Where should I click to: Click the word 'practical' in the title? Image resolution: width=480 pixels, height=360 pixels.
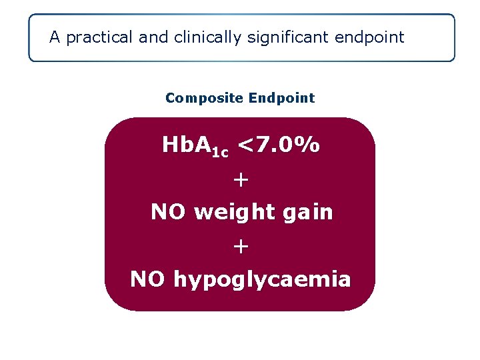tap(100, 37)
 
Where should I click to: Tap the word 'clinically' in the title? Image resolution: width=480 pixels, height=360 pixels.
tap(207, 37)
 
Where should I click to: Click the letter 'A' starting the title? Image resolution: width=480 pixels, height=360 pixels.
tap(55, 37)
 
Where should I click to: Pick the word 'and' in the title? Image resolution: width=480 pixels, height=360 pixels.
tap(154, 37)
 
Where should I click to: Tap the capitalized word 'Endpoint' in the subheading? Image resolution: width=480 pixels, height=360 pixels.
tap(281, 99)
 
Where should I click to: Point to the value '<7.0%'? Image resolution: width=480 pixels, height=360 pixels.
tap(278, 145)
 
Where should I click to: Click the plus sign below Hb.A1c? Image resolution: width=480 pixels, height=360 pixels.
tap(241, 179)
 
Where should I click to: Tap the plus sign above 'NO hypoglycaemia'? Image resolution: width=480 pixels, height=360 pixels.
tap(241, 247)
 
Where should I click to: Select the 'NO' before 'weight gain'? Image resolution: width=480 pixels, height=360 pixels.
tap(169, 212)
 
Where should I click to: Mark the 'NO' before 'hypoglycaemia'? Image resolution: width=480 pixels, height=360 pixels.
tap(148, 279)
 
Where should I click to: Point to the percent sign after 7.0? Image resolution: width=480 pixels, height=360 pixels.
tap(307, 145)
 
